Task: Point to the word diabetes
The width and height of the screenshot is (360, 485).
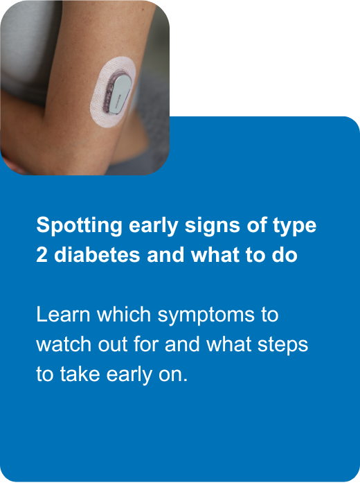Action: pyautogui.click(x=96, y=255)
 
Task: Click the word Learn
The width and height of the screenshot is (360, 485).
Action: pyautogui.click(x=63, y=315)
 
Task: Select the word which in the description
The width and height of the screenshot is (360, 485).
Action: pyautogui.click(x=125, y=315)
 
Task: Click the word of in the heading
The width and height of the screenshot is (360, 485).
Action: pyautogui.click(x=254, y=226)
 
